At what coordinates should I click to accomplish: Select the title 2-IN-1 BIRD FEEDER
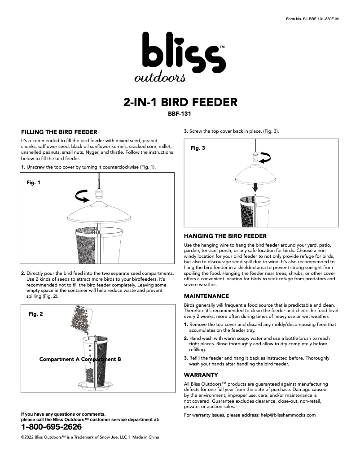click(180, 102)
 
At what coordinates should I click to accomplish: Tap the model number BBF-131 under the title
click(180, 114)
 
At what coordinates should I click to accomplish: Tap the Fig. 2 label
click(36, 314)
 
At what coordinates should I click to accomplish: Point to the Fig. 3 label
click(198, 148)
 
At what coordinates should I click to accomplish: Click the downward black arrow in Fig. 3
click(255, 186)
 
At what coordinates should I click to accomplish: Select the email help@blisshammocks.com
click(288, 415)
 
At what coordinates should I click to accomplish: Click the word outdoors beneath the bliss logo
click(153, 78)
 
